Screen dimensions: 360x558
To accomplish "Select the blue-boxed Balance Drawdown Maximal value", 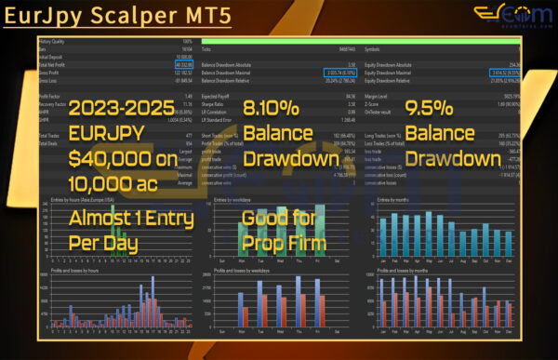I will (331, 69).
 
